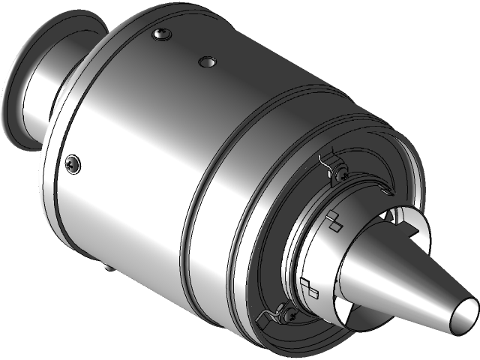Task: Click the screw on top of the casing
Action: [160, 34]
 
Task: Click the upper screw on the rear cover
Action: [342, 174]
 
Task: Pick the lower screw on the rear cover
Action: [287, 315]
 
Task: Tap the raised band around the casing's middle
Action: [196, 187]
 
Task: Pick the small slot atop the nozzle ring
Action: [384, 192]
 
